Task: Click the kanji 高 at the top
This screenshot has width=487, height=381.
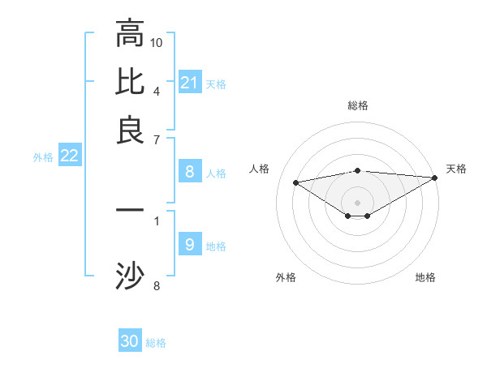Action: [x=130, y=33]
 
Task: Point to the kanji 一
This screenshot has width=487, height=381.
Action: [x=130, y=210]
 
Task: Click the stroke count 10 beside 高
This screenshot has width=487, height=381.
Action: [x=157, y=41]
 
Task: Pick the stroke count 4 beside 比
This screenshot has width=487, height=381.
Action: [x=157, y=90]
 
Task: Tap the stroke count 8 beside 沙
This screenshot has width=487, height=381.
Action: [x=157, y=285]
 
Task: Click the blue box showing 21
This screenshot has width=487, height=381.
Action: [x=189, y=83]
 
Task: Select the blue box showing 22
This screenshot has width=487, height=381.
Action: [x=69, y=156]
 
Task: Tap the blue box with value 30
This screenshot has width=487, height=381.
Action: [x=130, y=341]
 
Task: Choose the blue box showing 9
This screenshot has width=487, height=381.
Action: [x=189, y=245]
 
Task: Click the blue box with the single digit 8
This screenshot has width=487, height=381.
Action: [x=189, y=171]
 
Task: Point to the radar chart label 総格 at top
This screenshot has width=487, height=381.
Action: [x=358, y=105]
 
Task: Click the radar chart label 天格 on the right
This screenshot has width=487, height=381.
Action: [x=456, y=169]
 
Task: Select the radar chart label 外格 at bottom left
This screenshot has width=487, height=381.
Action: [x=286, y=277]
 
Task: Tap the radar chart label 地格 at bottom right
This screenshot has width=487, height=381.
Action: [x=425, y=277]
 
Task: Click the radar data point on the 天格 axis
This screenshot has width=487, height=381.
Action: [x=435, y=178]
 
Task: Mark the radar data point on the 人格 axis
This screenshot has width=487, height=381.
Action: [x=296, y=182]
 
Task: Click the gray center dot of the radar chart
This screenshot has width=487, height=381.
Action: [x=358, y=202]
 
